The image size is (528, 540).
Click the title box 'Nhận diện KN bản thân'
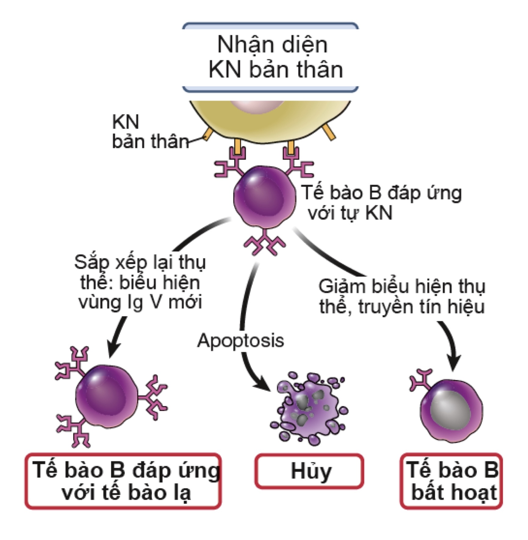tap(270, 57)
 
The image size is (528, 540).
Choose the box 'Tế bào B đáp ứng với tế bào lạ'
tap(123, 481)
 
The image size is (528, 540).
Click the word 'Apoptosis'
tap(240, 340)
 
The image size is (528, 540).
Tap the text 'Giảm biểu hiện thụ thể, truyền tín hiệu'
tap(401, 296)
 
